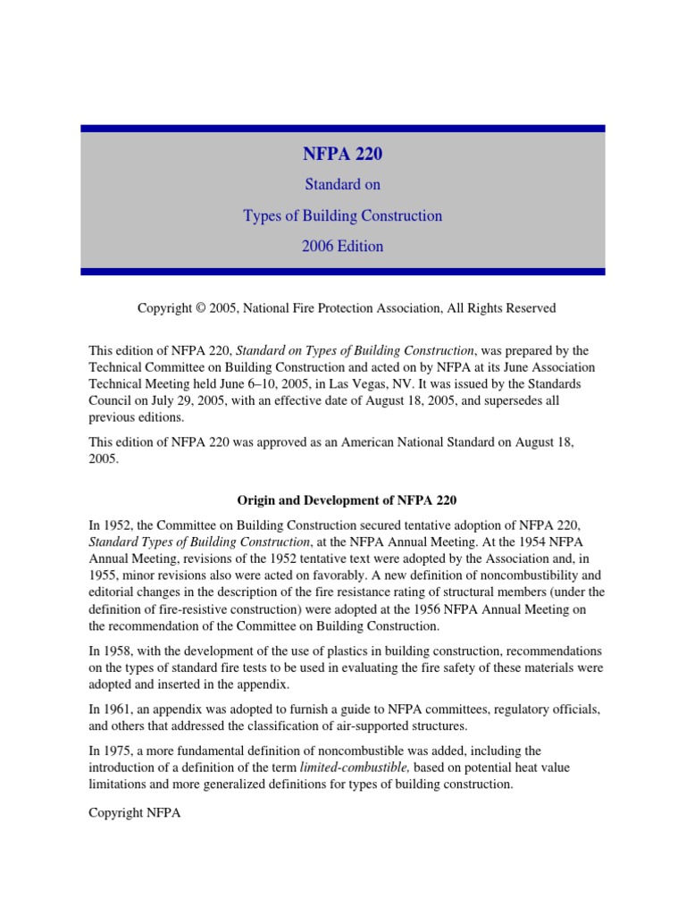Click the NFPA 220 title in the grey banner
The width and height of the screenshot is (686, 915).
[x=342, y=155]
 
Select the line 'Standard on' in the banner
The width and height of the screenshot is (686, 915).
[x=342, y=186]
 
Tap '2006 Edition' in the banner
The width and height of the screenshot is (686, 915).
[x=342, y=247]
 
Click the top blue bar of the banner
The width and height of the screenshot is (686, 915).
[x=342, y=129]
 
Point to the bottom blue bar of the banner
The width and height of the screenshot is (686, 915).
[x=342, y=272]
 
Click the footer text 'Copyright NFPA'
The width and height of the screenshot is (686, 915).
[x=134, y=814]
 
